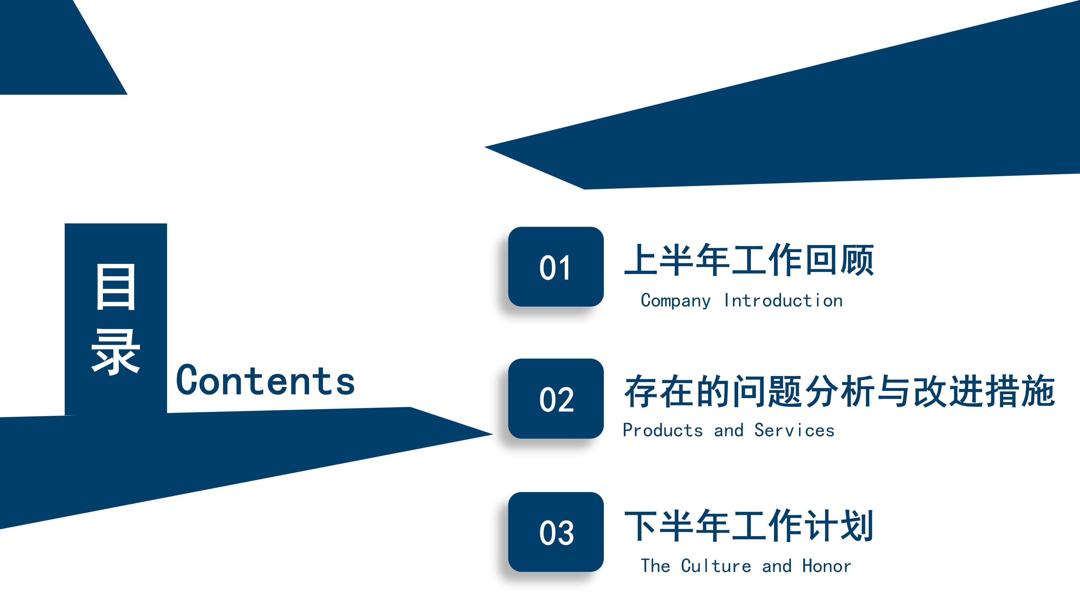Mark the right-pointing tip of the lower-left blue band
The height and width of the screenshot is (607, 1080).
[x=493, y=434]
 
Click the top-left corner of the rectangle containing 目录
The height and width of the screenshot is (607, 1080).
[x=65, y=224]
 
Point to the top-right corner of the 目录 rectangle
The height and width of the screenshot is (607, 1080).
[x=167, y=224]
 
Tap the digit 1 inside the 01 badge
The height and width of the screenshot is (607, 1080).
[x=564, y=268]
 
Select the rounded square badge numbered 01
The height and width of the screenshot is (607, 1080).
[x=556, y=267]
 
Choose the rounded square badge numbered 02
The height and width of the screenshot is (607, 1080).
[x=556, y=399]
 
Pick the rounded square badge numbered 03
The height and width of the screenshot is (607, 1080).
[x=556, y=532]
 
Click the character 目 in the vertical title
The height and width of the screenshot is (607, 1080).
[x=116, y=287]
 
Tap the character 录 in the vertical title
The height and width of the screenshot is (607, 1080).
[x=116, y=352]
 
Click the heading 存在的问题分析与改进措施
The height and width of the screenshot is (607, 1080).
[x=839, y=391]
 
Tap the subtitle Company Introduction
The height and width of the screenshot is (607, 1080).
[x=742, y=301]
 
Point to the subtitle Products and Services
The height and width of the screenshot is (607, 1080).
[x=729, y=430]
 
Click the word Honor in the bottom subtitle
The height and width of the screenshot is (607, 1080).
[x=827, y=566]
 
